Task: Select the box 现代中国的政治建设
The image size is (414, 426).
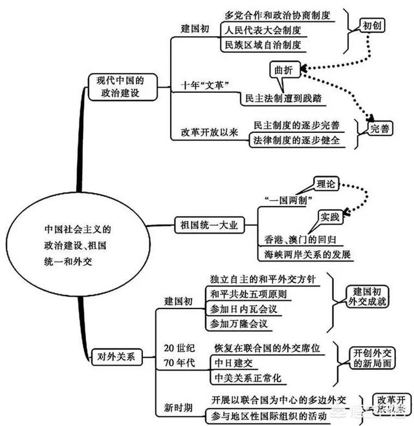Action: (122, 87)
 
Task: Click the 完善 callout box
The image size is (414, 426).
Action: (380, 129)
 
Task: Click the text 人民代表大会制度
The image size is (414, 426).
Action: (263, 30)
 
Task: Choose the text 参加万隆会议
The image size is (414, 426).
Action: (239, 323)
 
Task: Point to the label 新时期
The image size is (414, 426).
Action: (177, 407)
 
